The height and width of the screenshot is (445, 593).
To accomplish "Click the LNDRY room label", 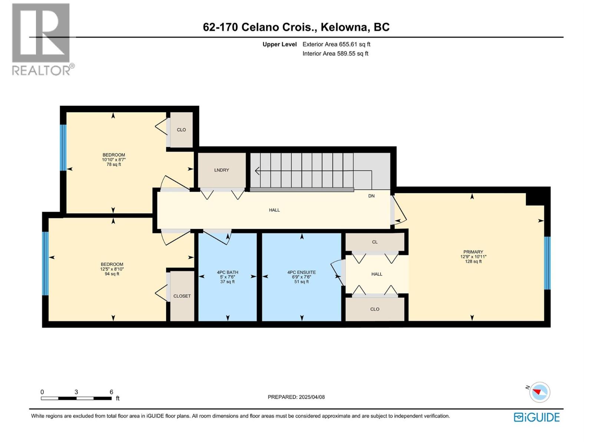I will (222, 170).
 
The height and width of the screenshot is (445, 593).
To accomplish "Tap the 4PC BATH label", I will (228, 272).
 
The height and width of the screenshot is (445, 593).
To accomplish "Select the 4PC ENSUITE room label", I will (302, 272).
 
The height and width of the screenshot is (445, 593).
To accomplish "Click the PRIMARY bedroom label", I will (473, 252).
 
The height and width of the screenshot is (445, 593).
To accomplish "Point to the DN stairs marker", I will (371, 196).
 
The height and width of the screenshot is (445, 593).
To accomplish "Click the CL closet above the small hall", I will (375, 242).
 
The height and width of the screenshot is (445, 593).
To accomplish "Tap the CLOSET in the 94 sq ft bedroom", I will (182, 296).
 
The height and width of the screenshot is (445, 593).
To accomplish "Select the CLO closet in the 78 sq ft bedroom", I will (181, 130).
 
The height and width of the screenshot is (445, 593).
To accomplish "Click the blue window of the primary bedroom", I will (547, 263).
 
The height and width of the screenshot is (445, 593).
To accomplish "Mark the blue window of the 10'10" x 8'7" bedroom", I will (63, 147).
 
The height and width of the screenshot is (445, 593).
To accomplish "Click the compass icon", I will (540, 392).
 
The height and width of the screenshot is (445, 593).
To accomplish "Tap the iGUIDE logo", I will (537, 417).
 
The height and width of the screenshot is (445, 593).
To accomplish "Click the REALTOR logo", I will (41, 39).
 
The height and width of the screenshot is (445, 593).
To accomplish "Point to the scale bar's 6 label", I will (111, 392).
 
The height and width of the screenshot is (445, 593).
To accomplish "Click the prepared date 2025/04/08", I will (312, 397).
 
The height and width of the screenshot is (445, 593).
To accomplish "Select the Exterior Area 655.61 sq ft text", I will (336, 44).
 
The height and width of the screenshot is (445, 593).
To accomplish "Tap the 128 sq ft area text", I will (473, 261).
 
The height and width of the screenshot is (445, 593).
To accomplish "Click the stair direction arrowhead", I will (256, 171).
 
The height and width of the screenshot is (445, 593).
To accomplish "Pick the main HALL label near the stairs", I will (274, 210).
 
